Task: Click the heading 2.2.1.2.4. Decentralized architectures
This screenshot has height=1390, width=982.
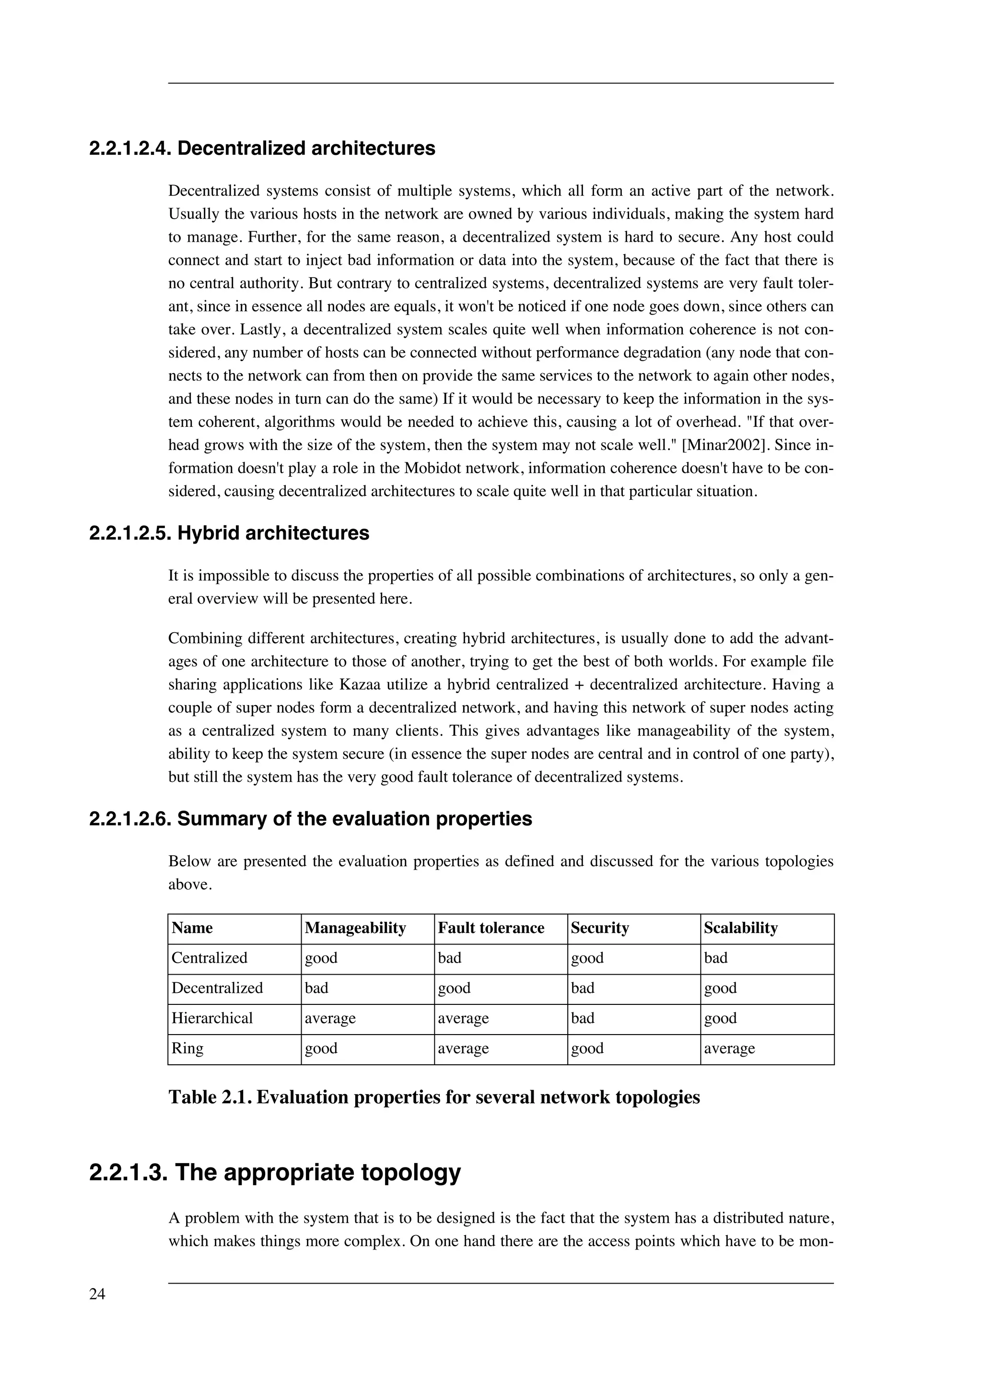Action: (262, 148)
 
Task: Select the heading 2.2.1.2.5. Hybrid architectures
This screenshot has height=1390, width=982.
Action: (229, 533)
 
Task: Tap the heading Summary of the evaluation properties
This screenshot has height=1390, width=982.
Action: (354, 818)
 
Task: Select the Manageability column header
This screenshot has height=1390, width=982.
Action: (355, 928)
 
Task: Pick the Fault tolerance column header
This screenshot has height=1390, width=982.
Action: (491, 928)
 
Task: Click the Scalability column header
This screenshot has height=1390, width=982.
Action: (741, 928)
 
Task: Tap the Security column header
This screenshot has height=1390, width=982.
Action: (600, 928)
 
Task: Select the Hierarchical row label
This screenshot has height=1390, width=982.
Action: (212, 1018)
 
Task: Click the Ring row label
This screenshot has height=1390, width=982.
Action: (187, 1048)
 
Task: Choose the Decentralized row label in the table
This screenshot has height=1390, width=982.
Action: (217, 988)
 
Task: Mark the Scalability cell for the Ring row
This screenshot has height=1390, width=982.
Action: (729, 1048)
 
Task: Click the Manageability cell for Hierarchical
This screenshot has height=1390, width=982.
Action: (330, 1018)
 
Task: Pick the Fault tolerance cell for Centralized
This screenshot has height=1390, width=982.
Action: (450, 958)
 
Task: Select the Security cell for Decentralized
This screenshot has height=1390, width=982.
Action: (583, 988)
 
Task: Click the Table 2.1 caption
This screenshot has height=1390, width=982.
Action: (434, 1097)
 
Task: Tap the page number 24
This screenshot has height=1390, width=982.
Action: (97, 1295)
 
